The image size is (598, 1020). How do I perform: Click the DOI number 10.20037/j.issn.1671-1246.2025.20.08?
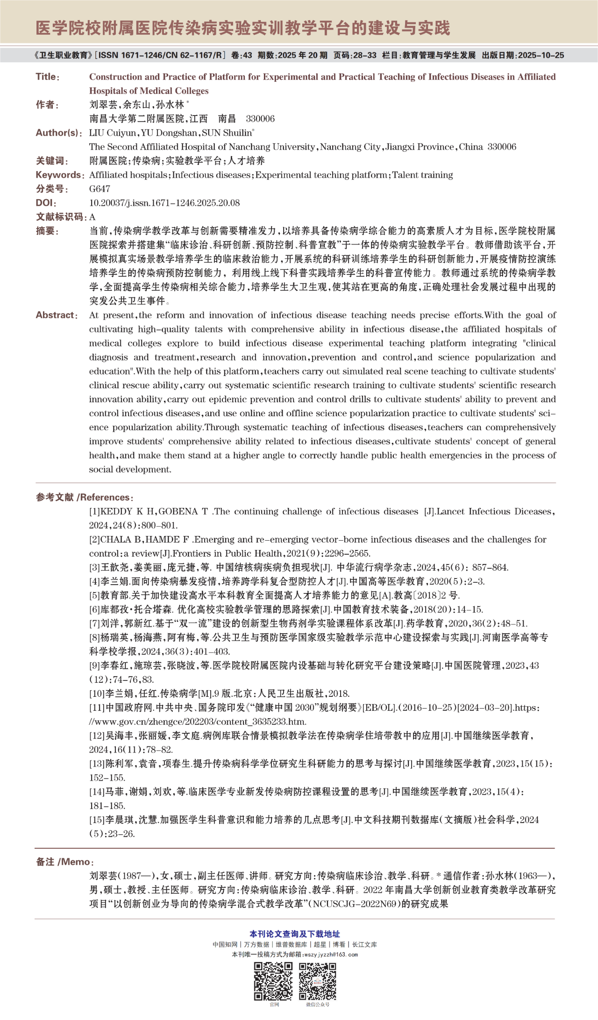click(x=164, y=203)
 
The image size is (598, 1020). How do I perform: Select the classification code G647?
click(x=100, y=189)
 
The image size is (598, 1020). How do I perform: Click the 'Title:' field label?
click(x=47, y=77)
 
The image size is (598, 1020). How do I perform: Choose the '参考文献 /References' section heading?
click(x=85, y=497)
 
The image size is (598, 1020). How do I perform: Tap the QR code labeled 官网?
click(x=273, y=981)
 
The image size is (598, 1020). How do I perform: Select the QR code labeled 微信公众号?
click(x=317, y=981)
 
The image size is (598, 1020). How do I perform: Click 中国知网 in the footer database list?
click(x=225, y=944)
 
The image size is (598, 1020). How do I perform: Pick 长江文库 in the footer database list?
click(x=364, y=944)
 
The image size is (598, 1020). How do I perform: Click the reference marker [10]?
click(x=97, y=694)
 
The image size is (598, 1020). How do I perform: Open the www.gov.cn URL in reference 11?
click(x=198, y=722)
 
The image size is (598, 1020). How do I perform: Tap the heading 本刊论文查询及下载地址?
click(x=295, y=934)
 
